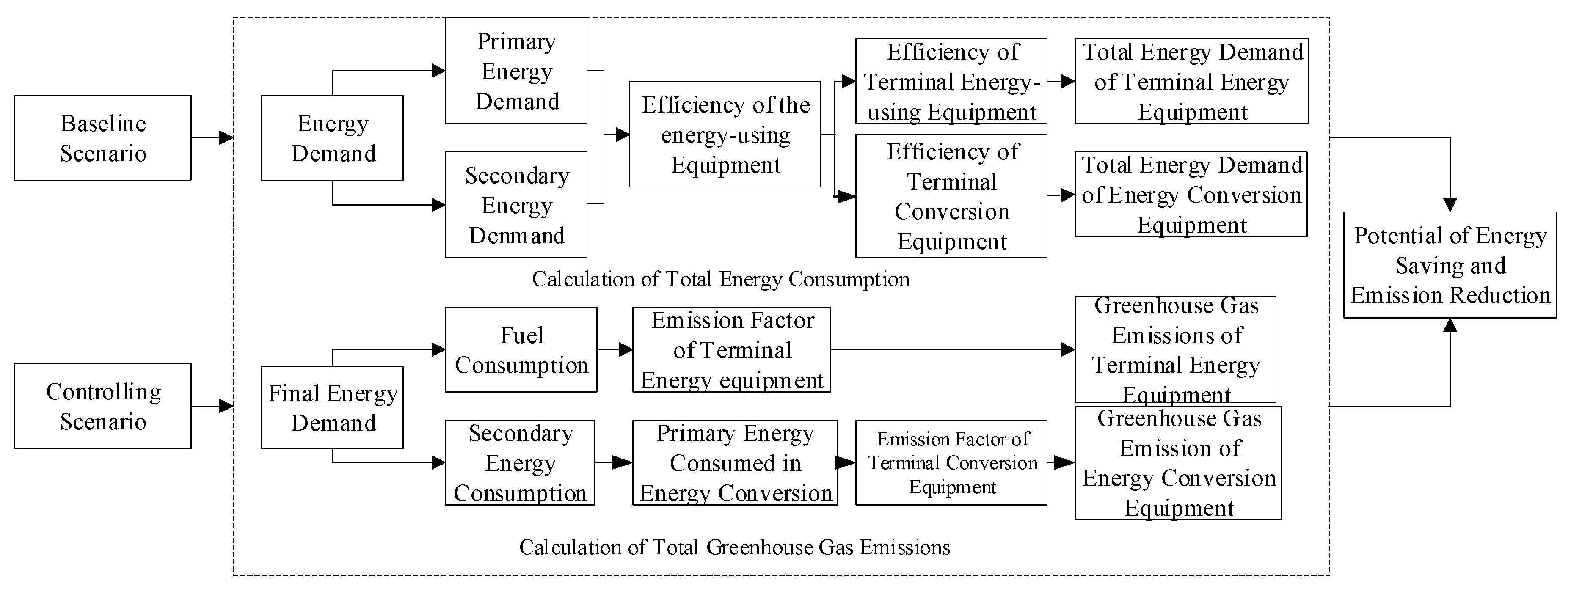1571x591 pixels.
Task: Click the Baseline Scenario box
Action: point(102,138)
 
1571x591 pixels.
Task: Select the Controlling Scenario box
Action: point(102,406)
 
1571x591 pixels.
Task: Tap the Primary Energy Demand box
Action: point(516,71)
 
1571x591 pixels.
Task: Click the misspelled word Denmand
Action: point(517,235)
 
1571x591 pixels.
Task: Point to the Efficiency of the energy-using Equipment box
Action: point(725,134)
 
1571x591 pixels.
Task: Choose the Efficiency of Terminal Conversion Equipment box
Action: point(951,196)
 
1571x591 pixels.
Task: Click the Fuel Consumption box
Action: point(521,349)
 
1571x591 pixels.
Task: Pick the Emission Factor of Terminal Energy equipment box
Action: point(731,349)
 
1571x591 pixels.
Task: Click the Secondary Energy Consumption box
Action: point(520,462)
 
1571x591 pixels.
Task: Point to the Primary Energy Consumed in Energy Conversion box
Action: point(735,462)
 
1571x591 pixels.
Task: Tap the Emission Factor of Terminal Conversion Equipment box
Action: point(951,462)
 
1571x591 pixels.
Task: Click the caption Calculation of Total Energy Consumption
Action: point(720,279)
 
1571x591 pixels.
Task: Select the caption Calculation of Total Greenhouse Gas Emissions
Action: point(734,547)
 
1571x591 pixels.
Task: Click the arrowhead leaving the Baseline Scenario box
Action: point(226,138)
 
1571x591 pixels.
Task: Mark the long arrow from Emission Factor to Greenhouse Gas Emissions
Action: point(951,349)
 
